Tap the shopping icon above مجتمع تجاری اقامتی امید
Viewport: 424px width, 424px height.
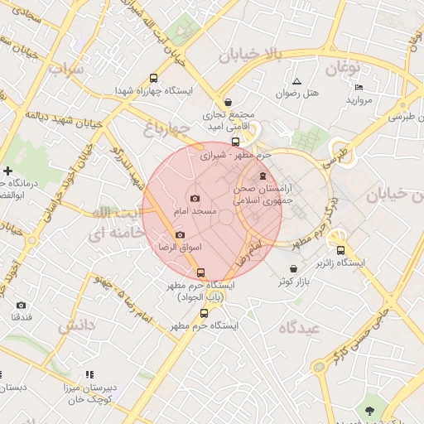click(228, 102)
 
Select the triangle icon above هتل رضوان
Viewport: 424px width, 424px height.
click(296, 81)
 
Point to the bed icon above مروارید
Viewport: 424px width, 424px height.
click(359, 87)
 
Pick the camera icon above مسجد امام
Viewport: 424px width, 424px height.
click(195, 198)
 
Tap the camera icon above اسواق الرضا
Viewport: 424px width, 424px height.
click(180, 235)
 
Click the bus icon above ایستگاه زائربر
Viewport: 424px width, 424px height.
click(340, 249)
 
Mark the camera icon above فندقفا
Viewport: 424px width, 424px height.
click(22, 305)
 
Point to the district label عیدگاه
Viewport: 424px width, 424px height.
click(300, 328)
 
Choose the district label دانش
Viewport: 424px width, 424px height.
click(77, 325)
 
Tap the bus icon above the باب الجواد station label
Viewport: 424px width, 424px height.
click(200, 272)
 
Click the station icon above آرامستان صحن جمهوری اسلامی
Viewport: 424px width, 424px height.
click(263, 176)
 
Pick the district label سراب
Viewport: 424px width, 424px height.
click(67, 70)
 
